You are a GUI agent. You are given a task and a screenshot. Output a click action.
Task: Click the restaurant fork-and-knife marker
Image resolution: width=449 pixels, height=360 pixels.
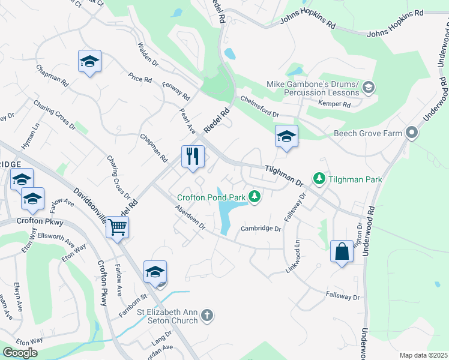coord(193,157)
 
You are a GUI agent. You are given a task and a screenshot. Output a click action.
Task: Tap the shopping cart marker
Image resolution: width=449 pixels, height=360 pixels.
coord(118,227)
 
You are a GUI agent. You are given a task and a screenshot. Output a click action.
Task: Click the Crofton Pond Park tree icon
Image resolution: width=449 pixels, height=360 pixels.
coord(255,196)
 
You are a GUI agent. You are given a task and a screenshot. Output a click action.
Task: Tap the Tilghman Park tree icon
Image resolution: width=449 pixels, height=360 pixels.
coord(319,178)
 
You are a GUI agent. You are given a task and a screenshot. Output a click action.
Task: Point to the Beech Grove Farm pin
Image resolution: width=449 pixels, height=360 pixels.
coord(411,133)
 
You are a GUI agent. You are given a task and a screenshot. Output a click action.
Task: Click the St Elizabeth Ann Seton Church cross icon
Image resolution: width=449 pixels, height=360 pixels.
coord(206,316)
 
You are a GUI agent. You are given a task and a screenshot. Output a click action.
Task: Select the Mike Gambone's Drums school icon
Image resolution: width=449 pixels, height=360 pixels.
coord(369,88)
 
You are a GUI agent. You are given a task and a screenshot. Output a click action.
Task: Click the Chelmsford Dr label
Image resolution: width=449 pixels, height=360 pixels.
coord(260,106)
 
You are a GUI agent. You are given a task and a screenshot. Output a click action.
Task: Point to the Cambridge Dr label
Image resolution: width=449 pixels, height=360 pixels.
coord(261,229)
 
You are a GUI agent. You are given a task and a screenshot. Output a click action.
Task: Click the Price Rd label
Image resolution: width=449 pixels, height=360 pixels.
coord(140,79)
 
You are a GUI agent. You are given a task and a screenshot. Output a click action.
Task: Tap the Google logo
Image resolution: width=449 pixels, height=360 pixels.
coord(20,353)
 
